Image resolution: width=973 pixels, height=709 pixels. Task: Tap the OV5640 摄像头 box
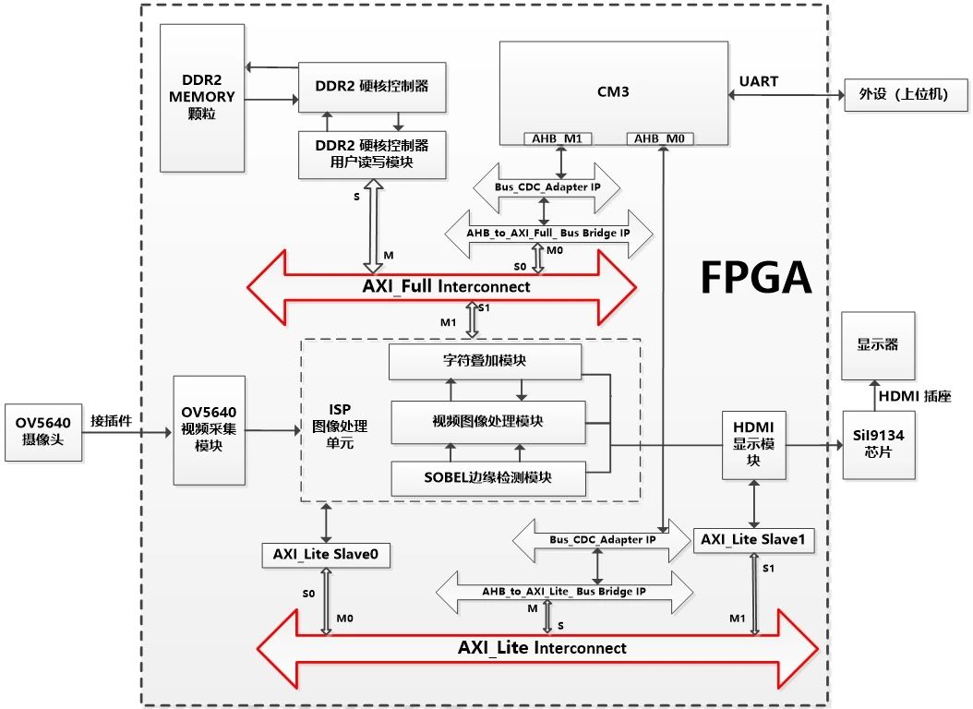point(43,431)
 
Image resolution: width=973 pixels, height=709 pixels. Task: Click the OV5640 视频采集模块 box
point(210,429)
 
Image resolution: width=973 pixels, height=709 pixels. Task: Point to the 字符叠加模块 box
point(485,362)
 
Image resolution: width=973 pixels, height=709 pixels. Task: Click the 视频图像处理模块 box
point(487,420)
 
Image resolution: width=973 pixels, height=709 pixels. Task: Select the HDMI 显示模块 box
point(752,444)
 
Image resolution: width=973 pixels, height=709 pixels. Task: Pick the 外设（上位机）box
point(903,95)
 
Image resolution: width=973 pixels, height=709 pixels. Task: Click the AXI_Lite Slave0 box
point(326,554)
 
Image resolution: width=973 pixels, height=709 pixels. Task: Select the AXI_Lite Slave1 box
point(754,539)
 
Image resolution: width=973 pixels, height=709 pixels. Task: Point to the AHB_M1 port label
point(558,139)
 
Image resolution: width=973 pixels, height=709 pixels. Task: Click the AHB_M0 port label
point(660,139)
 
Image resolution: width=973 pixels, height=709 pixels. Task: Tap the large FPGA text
point(756,275)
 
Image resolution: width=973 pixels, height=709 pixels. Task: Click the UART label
point(758,81)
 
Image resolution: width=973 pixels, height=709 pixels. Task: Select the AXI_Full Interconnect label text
point(446,287)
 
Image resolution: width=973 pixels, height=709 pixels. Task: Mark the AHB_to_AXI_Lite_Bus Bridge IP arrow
point(563,591)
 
